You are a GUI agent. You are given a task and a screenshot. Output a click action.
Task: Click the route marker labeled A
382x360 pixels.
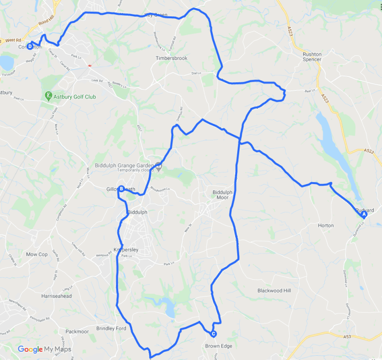pyautogui.click(x=364, y=215)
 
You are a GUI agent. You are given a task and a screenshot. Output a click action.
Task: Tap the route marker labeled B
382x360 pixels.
pyautogui.click(x=122, y=189)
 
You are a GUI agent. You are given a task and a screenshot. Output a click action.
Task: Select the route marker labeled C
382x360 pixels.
pyautogui.click(x=213, y=334)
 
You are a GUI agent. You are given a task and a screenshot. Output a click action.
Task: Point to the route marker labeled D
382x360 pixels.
pyautogui.click(x=30, y=47)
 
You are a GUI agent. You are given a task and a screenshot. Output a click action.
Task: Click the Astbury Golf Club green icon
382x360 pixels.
pyautogui.click(x=49, y=97)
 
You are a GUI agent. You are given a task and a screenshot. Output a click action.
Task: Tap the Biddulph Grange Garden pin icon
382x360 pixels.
pyautogui.click(x=159, y=166)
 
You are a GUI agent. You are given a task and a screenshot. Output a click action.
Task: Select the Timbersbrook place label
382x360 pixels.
pyautogui.click(x=171, y=58)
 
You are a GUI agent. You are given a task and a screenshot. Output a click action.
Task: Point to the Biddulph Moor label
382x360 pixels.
pyautogui.click(x=222, y=195)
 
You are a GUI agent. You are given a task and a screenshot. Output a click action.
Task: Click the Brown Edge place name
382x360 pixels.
pyautogui.click(x=219, y=346)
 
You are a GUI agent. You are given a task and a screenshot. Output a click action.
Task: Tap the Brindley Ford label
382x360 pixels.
pyautogui.click(x=111, y=329)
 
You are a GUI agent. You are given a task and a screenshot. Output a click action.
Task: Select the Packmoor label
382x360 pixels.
pyautogui.click(x=77, y=332)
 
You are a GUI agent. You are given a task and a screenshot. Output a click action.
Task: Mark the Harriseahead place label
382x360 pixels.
pyautogui.click(x=56, y=296)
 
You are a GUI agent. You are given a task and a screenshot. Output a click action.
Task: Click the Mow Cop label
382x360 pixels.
pyautogui.click(x=37, y=254)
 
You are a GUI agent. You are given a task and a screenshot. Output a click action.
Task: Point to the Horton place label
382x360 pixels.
pyautogui.click(x=326, y=225)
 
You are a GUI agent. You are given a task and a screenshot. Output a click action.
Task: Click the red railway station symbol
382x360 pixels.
pyautogui.click(x=89, y=65)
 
